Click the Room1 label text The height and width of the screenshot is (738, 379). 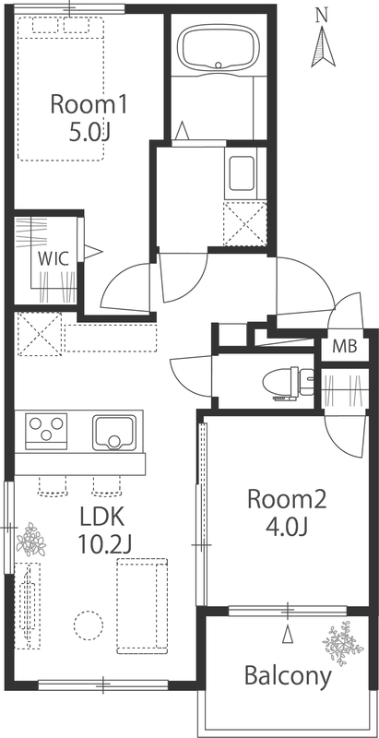89,104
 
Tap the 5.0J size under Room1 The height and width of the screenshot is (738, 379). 89,133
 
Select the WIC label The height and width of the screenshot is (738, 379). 53,258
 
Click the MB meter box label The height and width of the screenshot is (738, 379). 345,347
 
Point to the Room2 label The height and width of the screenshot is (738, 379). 287,499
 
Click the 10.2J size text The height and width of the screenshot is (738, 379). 104,545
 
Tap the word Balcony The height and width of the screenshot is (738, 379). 288,676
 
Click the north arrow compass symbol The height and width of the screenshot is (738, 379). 323,46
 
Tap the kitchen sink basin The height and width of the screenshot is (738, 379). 113,432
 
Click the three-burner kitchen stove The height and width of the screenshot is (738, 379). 46,431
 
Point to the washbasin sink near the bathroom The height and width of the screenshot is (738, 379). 242,173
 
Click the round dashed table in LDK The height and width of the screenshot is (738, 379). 88,625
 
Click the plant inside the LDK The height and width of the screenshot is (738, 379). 31,540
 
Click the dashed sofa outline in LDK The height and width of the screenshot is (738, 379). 142,606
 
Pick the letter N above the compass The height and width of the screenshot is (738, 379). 322,16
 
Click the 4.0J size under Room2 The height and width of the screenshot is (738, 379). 287,527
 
